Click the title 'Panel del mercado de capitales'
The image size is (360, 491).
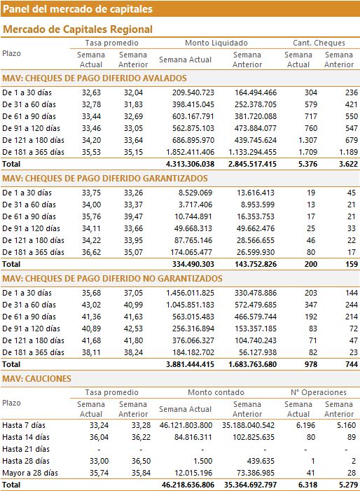click(x=78, y=9)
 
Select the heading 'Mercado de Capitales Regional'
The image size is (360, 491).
click(x=78, y=29)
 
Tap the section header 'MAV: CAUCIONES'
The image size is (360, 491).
click(x=36, y=379)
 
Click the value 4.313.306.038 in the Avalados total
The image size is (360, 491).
click(x=190, y=164)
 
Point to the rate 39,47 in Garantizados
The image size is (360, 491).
click(x=133, y=216)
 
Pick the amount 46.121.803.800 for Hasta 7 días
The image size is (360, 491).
click(x=186, y=426)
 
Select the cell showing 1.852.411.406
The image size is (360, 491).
click(x=190, y=152)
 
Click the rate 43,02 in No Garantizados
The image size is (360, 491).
click(x=92, y=305)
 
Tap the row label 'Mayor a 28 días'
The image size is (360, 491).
click(x=30, y=473)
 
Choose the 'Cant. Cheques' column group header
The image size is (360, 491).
click(x=319, y=43)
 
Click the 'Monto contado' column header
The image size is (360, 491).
click(x=216, y=392)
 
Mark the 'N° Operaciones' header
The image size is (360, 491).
click(x=319, y=392)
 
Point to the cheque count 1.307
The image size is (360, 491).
click(x=307, y=140)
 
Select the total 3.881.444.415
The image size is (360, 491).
click(x=190, y=364)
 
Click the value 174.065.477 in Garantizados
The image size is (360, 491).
click(x=191, y=252)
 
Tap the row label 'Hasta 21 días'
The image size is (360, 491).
click(x=26, y=450)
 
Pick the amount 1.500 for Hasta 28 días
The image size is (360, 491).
click(x=203, y=462)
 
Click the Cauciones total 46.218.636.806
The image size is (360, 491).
click(x=188, y=485)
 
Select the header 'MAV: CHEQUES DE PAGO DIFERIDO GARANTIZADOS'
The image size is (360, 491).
click(x=105, y=179)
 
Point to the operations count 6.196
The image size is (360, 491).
click(x=306, y=426)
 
